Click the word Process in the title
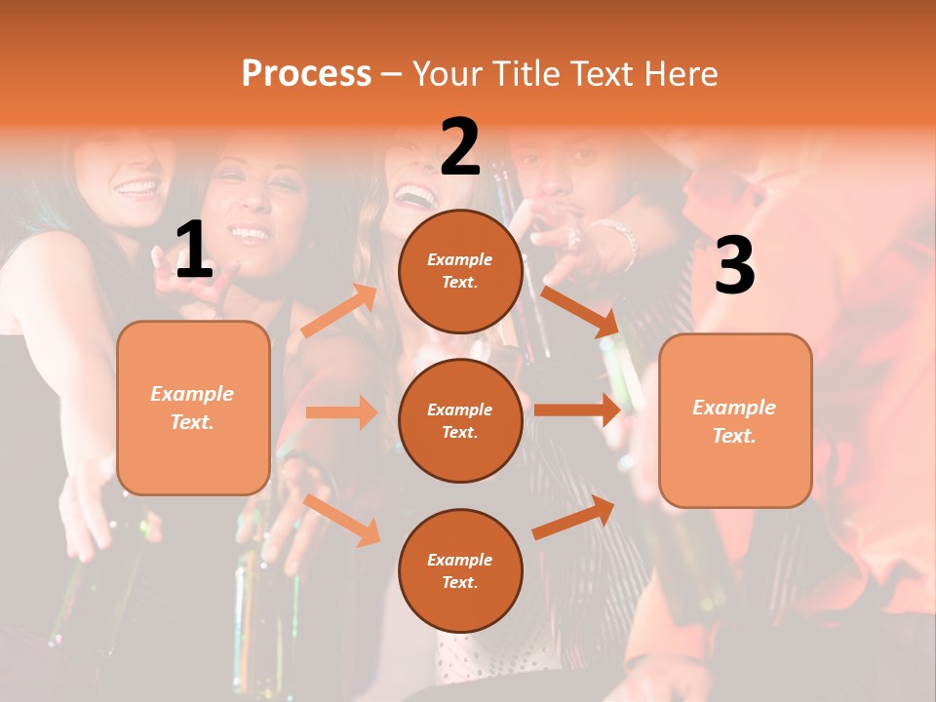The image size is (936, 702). pyautogui.click(x=306, y=73)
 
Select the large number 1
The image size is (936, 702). pyautogui.click(x=193, y=251)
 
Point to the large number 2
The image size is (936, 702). pyautogui.click(x=460, y=147)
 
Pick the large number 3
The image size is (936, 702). pyautogui.click(x=734, y=265)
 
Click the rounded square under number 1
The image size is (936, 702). pyautogui.click(x=193, y=408)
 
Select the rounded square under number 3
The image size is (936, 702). pyautogui.click(x=735, y=420)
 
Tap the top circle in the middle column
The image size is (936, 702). pyautogui.click(x=460, y=271)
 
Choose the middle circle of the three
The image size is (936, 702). pyautogui.click(x=460, y=420)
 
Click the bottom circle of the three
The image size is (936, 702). pyautogui.click(x=460, y=570)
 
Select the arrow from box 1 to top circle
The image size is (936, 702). pyautogui.click(x=339, y=311)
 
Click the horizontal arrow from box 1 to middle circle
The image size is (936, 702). pyautogui.click(x=341, y=412)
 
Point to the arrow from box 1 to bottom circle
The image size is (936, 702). pyautogui.click(x=342, y=519)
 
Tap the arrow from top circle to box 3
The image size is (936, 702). pyautogui.click(x=580, y=310)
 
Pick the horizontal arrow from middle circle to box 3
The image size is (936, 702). pyautogui.click(x=577, y=409)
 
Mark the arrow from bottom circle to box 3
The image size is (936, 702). pyautogui.click(x=574, y=518)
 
